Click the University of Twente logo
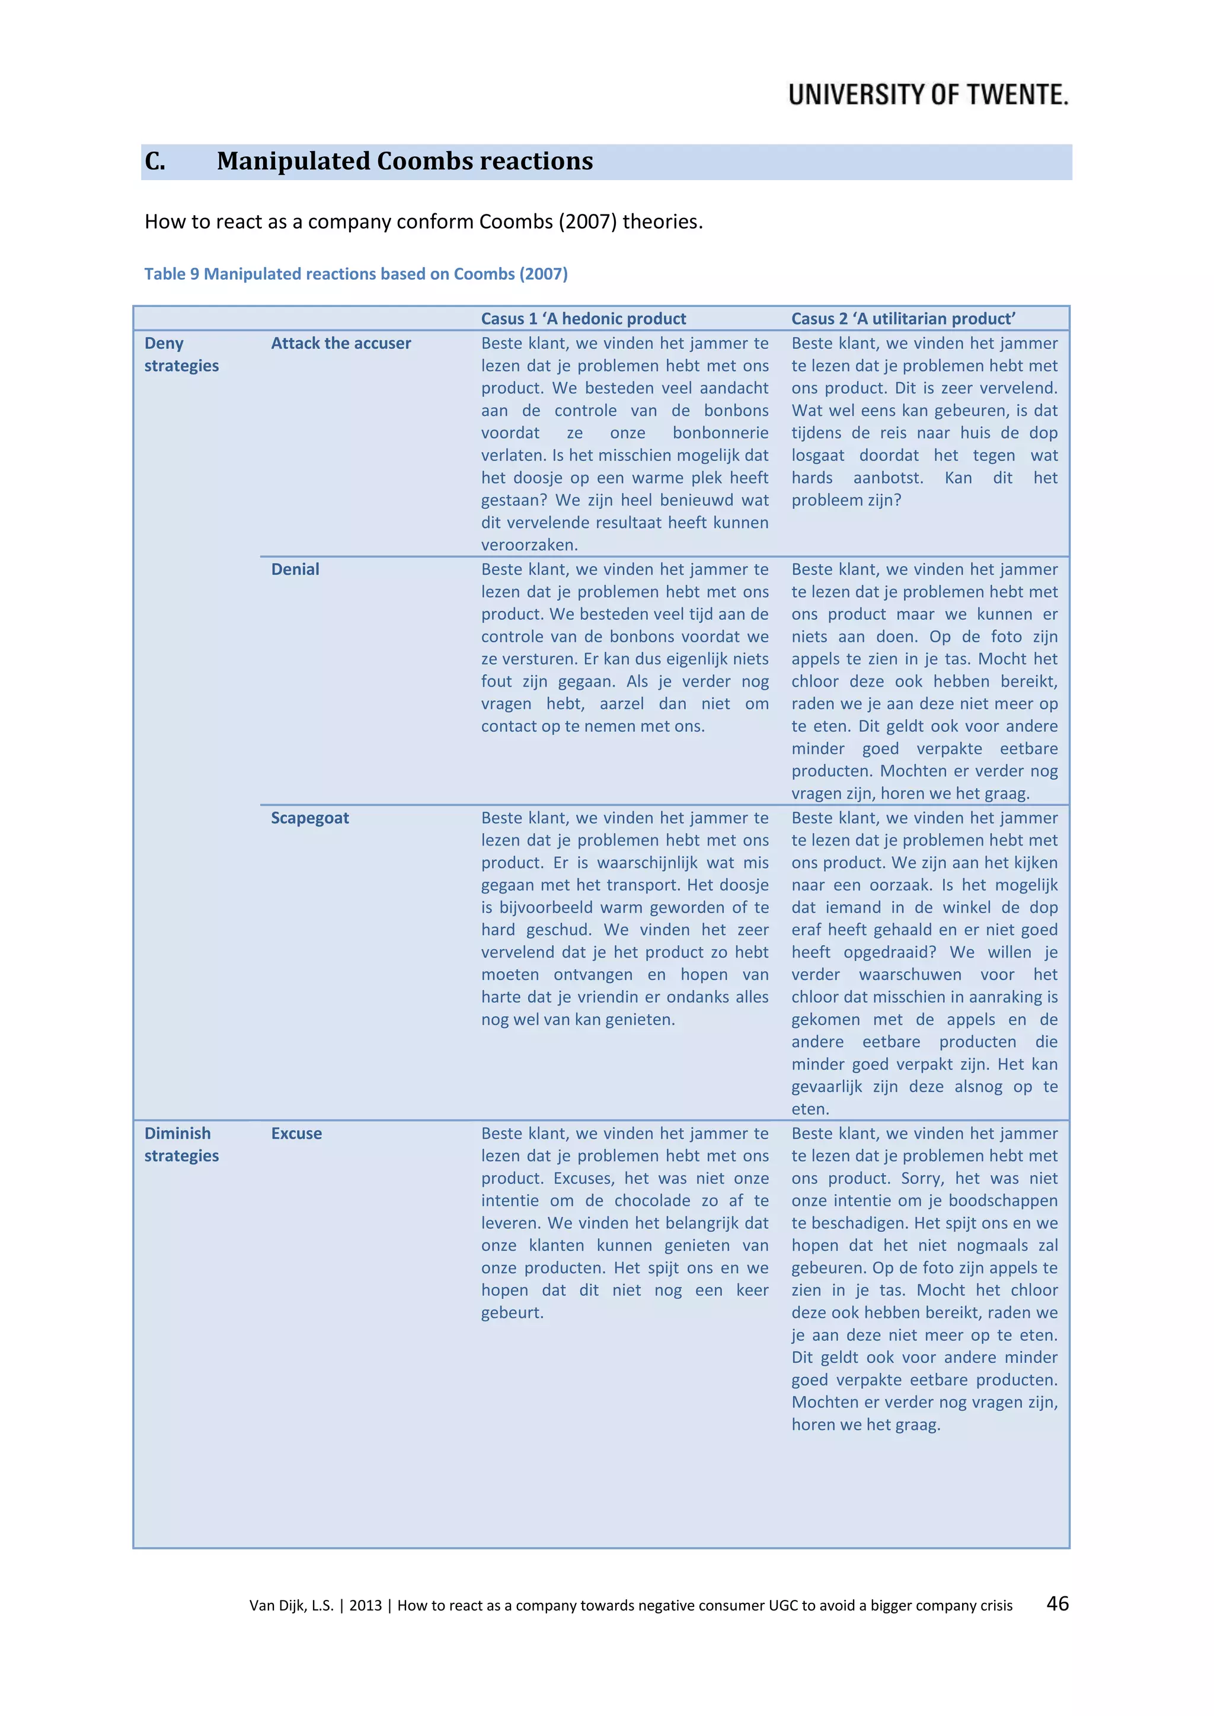tap(928, 95)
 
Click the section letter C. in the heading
tap(155, 161)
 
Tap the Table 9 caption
tap(356, 274)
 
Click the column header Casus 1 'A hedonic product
tap(583, 319)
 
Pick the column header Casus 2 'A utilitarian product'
tap(903, 319)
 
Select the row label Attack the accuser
tap(341, 344)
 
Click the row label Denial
tap(295, 569)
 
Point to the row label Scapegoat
tap(309, 818)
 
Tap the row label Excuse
tap(296, 1134)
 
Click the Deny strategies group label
tap(181, 355)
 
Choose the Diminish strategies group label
tap(181, 1145)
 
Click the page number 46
tap(1057, 1603)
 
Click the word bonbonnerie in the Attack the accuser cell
tap(720, 434)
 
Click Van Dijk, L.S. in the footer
tap(292, 1605)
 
